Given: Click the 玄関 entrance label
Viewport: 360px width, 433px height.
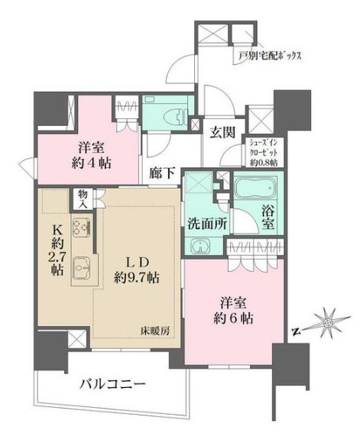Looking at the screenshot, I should [223, 130].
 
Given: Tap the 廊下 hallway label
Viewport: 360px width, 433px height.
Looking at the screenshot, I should [163, 173].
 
